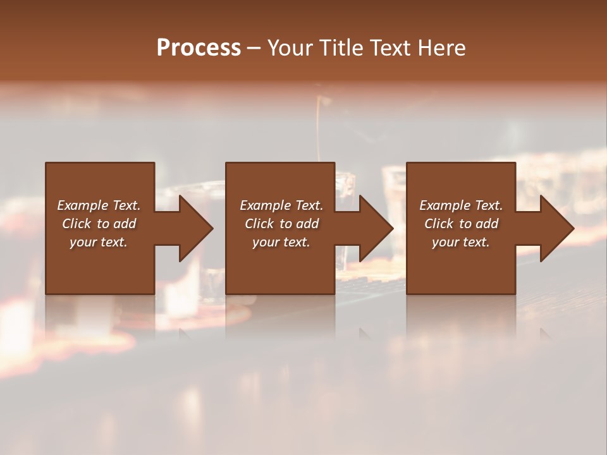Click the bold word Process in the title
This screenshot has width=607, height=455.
(x=199, y=47)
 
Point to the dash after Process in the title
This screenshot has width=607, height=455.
(x=254, y=49)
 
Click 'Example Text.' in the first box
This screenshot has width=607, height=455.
(x=99, y=205)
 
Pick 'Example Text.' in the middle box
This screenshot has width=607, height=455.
(x=281, y=205)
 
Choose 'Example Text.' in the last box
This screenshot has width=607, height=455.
(x=461, y=205)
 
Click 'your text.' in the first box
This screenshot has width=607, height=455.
(x=99, y=242)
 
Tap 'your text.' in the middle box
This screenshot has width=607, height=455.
(x=281, y=242)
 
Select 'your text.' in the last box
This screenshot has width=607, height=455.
(x=461, y=242)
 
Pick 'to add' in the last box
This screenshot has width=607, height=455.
(x=479, y=224)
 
